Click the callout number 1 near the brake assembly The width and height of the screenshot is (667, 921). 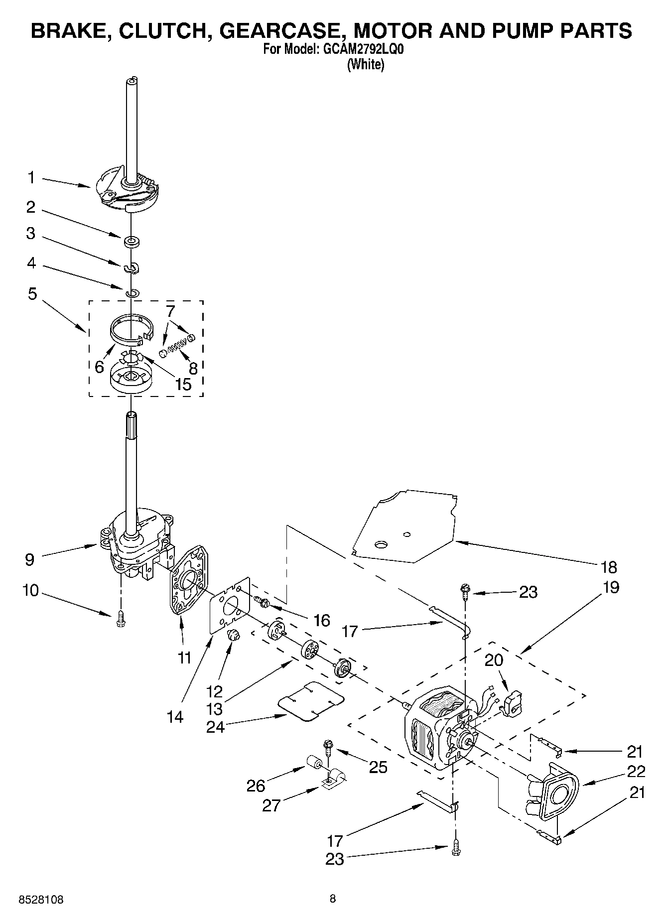[x=31, y=177]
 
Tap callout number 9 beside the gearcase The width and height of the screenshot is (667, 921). [x=30, y=559]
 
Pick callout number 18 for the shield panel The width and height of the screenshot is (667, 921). [x=609, y=567]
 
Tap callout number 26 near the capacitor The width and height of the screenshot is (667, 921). [x=256, y=786]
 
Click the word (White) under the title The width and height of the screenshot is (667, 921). [x=366, y=64]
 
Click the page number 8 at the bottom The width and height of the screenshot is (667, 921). [x=333, y=899]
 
